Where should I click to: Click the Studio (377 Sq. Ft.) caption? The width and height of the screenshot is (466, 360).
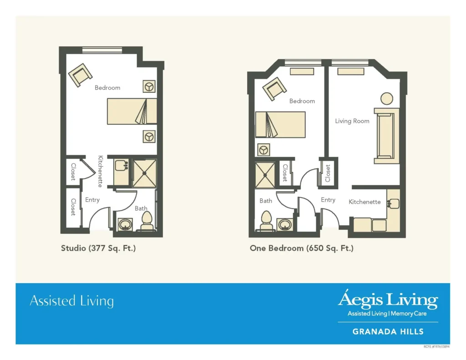98,248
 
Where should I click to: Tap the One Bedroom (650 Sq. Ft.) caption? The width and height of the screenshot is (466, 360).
302,248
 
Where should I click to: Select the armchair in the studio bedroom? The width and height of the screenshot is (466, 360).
80,75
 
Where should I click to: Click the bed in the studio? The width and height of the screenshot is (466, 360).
132,111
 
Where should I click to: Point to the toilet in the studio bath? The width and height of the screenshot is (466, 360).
147,222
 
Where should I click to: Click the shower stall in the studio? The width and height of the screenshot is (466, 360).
144,173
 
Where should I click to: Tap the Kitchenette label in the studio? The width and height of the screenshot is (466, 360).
101,171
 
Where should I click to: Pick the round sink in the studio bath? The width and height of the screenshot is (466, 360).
126,224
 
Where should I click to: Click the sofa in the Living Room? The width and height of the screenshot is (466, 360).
386,136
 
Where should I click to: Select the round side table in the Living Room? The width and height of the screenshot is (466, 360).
387,98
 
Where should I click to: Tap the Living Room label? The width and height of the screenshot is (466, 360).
352,121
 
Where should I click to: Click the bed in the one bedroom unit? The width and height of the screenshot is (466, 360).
280,125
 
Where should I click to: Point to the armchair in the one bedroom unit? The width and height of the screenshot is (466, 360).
274,89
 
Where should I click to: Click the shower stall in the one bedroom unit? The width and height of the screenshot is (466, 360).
265,175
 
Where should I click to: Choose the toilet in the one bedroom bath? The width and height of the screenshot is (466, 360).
266,221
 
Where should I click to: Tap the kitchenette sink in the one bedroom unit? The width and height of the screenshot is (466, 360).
393,203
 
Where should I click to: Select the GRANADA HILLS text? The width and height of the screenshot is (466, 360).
388,331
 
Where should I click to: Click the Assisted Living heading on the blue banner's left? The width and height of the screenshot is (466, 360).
71,301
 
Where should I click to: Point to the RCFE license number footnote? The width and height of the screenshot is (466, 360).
436,347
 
